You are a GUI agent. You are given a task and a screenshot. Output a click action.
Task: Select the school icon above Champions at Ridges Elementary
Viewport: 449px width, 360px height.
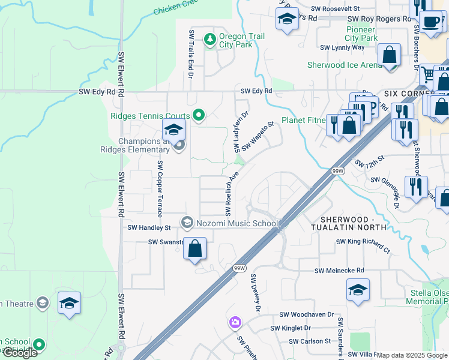173,130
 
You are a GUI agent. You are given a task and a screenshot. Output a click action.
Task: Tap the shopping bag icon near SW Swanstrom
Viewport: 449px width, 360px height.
195,248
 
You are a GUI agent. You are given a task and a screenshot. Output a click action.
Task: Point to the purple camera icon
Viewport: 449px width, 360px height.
235,323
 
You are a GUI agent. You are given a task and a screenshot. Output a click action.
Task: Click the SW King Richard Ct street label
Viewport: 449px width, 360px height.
363,242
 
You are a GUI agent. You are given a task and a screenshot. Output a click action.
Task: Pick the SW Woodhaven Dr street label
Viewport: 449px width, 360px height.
306,314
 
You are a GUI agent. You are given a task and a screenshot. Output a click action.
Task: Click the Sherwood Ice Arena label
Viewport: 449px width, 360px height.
344,65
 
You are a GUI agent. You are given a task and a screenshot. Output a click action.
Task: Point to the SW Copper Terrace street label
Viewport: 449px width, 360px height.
160,188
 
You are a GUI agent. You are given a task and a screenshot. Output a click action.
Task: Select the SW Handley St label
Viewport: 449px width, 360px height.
149,228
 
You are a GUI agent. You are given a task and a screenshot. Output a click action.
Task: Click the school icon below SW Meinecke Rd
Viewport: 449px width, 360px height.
358,290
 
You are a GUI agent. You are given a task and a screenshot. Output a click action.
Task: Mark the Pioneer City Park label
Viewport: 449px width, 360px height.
362,33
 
